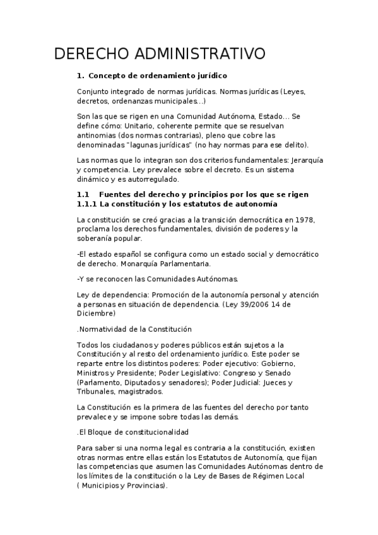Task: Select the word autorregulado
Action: (x=146, y=179)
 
